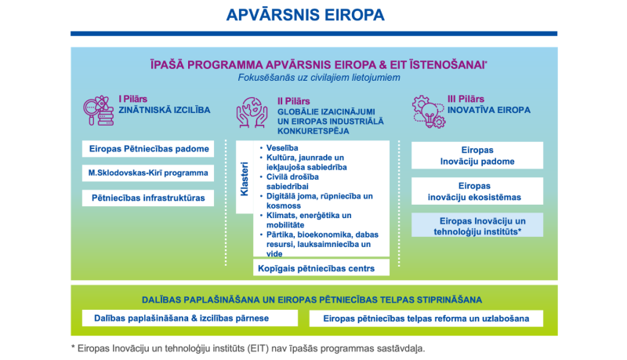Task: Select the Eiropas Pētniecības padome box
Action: (148, 149)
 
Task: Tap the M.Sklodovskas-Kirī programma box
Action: (148, 173)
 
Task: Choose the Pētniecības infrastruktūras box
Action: (148, 198)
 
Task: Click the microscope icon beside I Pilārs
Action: (100, 111)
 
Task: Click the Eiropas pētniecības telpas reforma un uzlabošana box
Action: (426, 318)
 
